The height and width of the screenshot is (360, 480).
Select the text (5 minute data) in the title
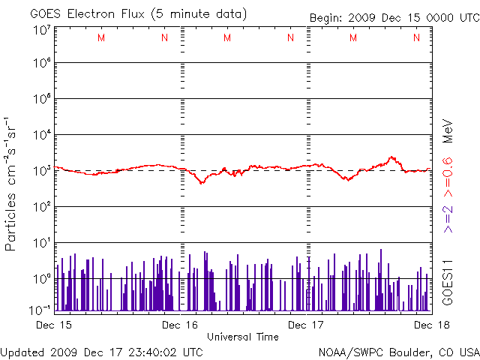198,14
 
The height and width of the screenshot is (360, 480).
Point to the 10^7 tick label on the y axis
41,31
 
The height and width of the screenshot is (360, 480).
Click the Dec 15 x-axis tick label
53,325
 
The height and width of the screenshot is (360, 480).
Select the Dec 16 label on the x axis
180,325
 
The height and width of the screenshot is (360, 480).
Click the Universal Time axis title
242,337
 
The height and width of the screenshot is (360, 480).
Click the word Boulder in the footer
402,351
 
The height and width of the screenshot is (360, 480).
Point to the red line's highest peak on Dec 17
391,157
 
